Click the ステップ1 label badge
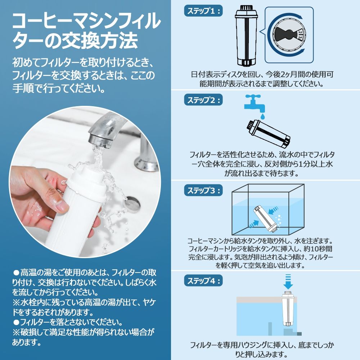(x=203, y=11)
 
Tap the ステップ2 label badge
(x=203, y=100)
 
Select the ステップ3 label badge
(x=203, y=190)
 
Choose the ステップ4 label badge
(x=203, y=280)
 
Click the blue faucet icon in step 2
(x=255, y=103)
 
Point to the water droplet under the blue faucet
(x=263, y=116)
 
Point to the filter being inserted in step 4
(x=288, y=309)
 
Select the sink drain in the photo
(x=132, y=203)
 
